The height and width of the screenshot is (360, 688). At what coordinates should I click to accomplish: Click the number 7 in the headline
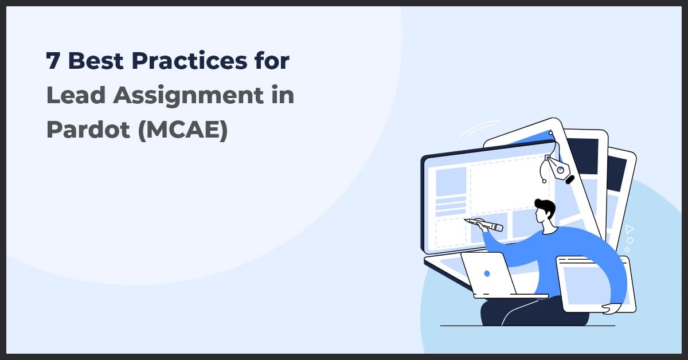tap(53, 61)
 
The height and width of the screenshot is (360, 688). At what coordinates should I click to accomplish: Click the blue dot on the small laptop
tap(487, 274)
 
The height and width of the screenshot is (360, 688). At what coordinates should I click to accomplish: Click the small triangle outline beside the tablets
tap(630, 229)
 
